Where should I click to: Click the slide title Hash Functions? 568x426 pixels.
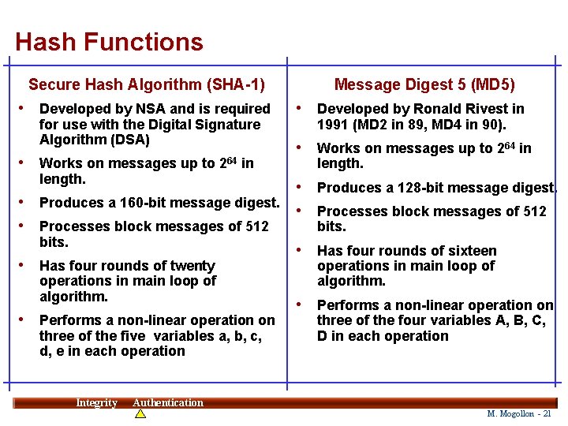(109, 42)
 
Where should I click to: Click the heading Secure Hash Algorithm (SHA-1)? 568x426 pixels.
(147, 84)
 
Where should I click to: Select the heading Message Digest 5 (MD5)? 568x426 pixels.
(424, 84)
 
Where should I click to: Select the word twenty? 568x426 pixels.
(190, 266)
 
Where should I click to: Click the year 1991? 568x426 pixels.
(333, 125)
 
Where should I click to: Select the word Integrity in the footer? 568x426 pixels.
(96, 403)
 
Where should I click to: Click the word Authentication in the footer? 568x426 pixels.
(168, 403)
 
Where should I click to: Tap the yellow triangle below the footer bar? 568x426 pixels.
(140, 413)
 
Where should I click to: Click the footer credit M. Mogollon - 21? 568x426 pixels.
(519, 413)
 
